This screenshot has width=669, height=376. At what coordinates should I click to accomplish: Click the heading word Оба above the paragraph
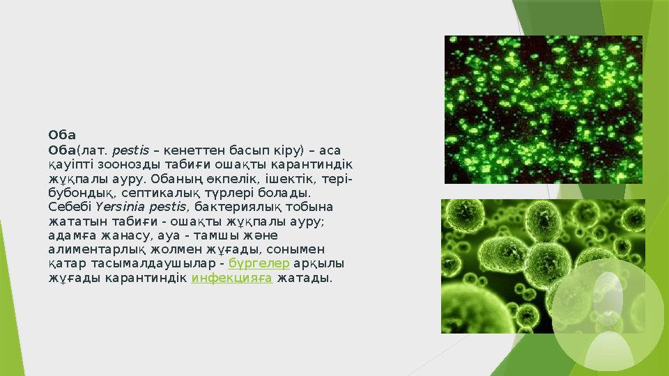click(x=62, y=134)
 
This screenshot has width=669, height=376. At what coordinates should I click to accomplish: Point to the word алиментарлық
click(x=91, y=250)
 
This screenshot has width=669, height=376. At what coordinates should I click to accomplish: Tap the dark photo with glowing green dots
click(x=544, y=109)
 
